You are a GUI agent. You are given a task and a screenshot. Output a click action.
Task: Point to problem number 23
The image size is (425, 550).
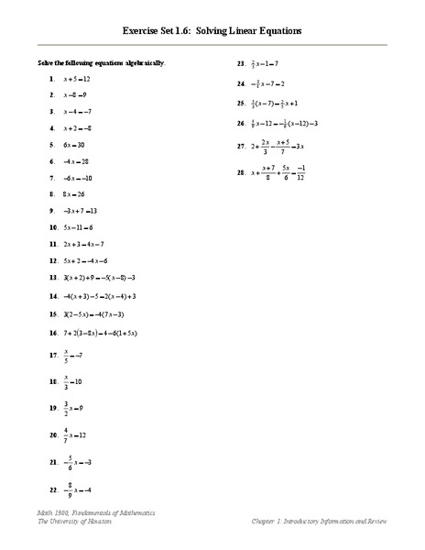pyautogui.click(x=241, y=64)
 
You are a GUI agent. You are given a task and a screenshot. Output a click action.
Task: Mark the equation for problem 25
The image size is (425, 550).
pyautogui.click(x=274, y=104)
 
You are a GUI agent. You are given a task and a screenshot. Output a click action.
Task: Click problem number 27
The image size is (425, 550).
pyautogui.click(x=241, y=145)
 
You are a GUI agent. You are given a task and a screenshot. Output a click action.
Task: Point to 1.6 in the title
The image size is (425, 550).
pyautogui.click(x=174, y=30)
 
